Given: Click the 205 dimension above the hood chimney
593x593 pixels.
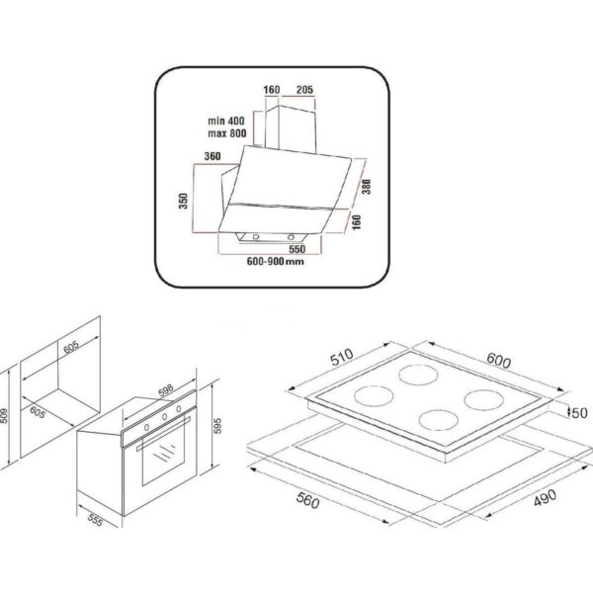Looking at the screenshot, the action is tap(304, 90).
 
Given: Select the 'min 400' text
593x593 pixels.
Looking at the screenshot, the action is tap(226, 121).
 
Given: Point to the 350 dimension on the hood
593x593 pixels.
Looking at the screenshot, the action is tap(184, 201).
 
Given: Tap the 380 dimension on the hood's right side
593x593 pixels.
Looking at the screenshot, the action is tap(366, 187).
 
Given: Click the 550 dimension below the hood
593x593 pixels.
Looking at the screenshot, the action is tap(296, 249).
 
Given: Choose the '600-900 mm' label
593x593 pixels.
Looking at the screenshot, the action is tap(276, 261).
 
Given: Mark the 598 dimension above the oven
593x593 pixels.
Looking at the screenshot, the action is tap(166, 390).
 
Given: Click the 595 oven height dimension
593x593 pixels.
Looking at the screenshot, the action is tap(217, 426).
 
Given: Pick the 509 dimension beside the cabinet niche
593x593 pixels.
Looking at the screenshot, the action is tap(3, 415).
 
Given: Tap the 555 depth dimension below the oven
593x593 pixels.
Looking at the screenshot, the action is tap(95, 521).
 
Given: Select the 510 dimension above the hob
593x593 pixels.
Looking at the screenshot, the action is tap(342, 357).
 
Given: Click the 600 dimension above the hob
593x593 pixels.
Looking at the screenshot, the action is tap(498, 360).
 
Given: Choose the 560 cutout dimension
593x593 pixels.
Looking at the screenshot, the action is tap(307, 500).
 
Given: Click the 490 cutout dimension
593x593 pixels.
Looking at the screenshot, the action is tap(545, 497).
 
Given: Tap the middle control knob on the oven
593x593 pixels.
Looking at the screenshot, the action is tap(164, 417).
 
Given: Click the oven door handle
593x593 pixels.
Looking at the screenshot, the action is tap(163, 434).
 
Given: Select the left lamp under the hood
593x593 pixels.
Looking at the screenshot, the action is tap(256, 237).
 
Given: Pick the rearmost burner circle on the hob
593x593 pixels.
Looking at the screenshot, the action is tap(418, 374).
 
